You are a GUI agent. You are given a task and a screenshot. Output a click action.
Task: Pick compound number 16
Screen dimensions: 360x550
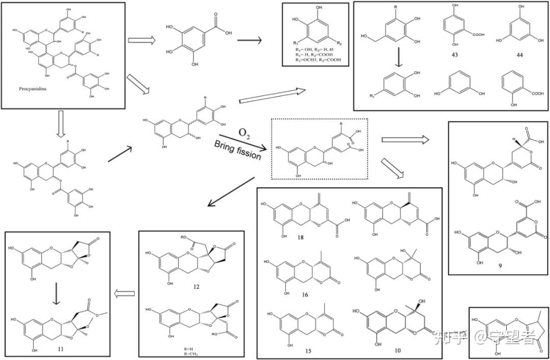coord(305,294)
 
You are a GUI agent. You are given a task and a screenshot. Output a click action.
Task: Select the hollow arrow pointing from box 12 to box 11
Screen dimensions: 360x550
coord(125,293)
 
